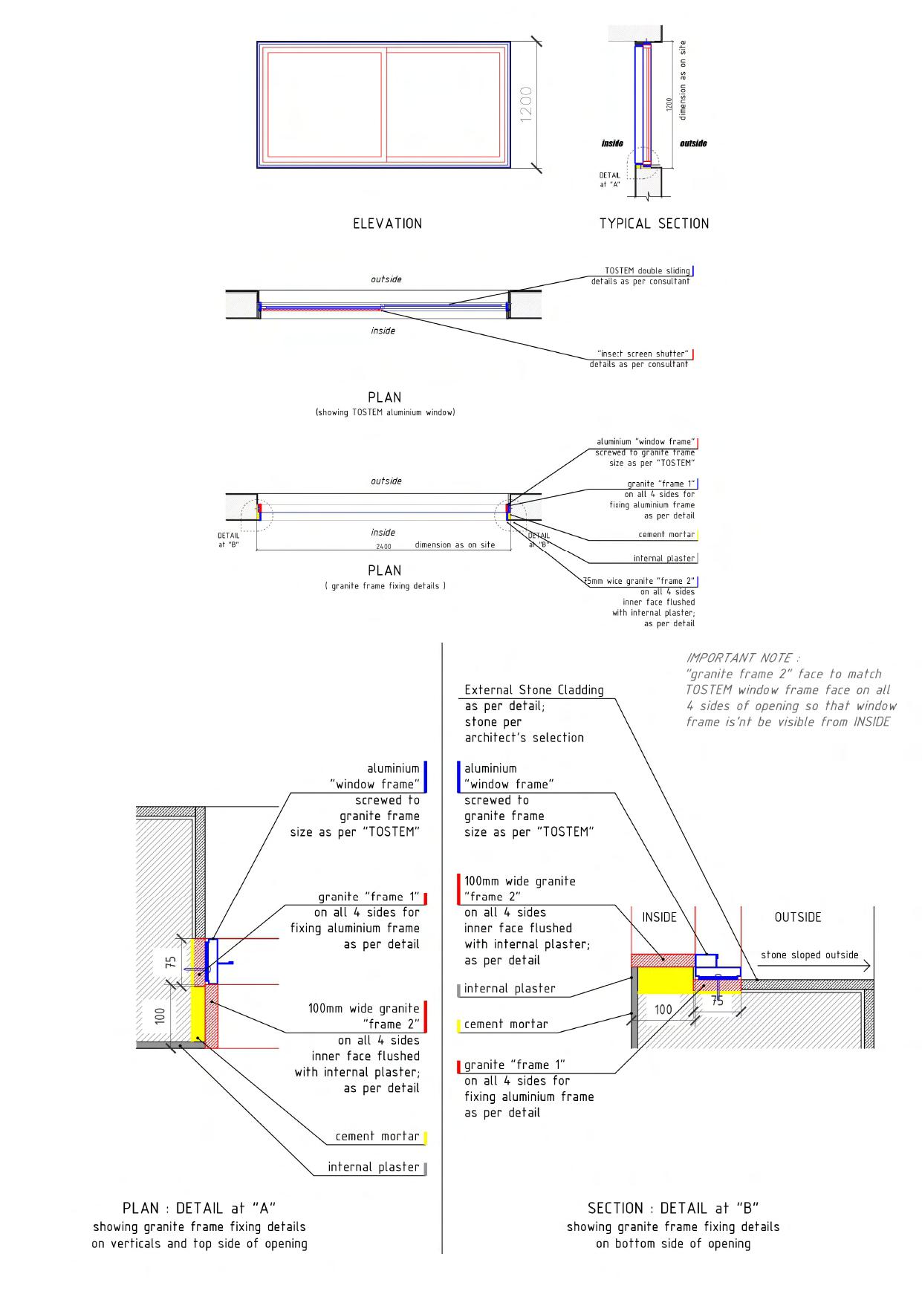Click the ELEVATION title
click(387, 224)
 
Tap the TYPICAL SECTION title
click(654, 224)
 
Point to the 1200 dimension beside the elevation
click(526, 104)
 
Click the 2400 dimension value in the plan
click(383, 546)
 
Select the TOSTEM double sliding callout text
click(646, 271)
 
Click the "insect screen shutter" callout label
click(643, 354)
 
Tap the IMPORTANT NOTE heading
click(743, 658)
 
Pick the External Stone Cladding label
click(533, 690)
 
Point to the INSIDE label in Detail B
click(659, 917)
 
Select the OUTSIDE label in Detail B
click(797, 917)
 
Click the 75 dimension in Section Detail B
click(717, 1001)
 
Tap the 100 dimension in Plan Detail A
click(160, 1016)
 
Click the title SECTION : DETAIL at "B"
click(672, 1209)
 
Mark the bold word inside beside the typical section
click(612, 143)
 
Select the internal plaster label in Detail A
click(373, 1167)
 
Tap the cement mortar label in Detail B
click(506, 1024)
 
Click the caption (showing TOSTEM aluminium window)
click(385, 412)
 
